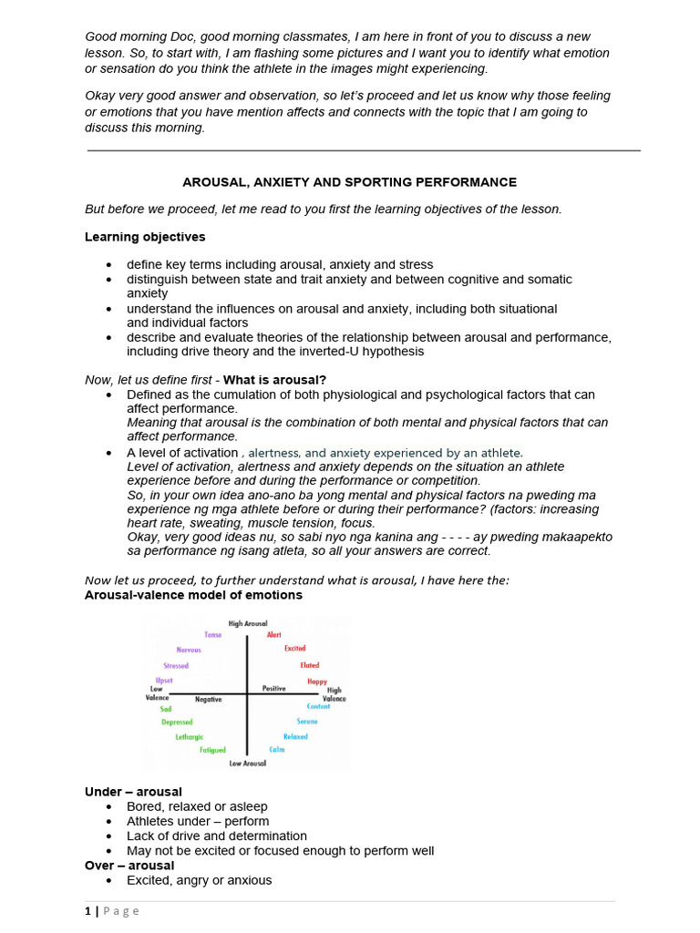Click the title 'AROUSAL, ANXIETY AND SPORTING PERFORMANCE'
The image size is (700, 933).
pos(349,182)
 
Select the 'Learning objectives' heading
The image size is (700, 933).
pos(145,237)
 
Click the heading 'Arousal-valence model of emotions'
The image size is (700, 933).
pos(193,595)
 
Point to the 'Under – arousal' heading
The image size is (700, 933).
pos(133,792)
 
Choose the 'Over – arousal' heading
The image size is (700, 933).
pos(129,865)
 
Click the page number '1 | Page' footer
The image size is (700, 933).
pos(112,911)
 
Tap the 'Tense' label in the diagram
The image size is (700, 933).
pos(212,635)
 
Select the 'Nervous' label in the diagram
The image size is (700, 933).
pos(189,650)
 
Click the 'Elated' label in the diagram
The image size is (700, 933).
pos(310,665)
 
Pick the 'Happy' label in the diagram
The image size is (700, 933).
pos(316,682)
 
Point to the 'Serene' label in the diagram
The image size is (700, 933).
pos(307,721)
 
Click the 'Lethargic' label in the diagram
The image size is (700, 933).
pos(190,736)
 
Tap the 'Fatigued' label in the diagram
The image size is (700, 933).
pos(212,750)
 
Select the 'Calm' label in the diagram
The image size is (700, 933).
pos(277,750)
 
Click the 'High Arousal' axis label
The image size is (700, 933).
pos(248,623)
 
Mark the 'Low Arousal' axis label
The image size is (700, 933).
pos(248,764)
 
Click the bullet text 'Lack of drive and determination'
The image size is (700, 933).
pos(217,836)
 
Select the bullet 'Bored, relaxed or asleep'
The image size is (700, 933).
pos(197,806)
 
